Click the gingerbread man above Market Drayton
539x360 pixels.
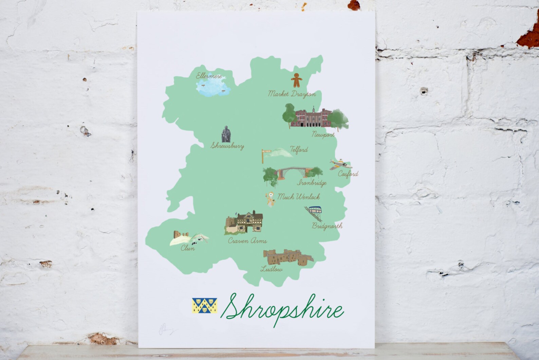(296, 80)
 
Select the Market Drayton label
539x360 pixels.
(292, 94)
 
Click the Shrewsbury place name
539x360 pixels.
(227, 146)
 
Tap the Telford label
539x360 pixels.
(299, 149)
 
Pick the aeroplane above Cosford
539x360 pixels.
(340, 165)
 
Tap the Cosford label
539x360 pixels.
(348, 174)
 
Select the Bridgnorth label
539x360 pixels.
(327, 226)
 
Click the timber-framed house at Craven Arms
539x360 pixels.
(250, 222)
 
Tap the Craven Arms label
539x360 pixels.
(247, 241)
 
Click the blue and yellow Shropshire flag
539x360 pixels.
(204, 305)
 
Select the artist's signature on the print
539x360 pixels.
(166, 329)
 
